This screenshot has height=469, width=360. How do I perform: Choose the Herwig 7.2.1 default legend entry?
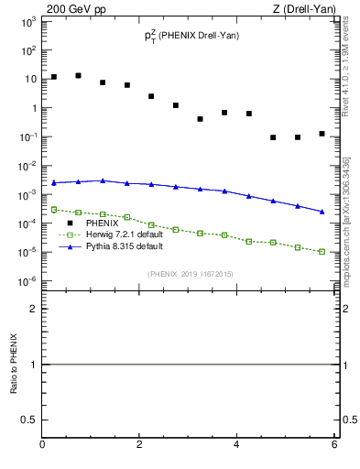pos(127,235)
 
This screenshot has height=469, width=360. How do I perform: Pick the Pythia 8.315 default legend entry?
pos(126,247)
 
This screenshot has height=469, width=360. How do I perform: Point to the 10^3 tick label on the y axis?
pos(28,21)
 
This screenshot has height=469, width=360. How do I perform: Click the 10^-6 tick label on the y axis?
pos(28,280)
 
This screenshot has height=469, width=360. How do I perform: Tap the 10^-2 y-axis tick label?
pos(28,166)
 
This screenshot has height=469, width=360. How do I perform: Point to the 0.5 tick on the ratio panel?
pos(28,420)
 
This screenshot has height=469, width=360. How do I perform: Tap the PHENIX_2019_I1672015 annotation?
pos(191,273)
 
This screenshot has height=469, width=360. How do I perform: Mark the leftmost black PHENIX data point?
pos(54,77)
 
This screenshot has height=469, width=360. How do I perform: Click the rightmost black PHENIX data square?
pos(322,134)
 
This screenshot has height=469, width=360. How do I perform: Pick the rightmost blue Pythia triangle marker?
pos(322,212)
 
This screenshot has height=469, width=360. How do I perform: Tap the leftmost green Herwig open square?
pos(54,210)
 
